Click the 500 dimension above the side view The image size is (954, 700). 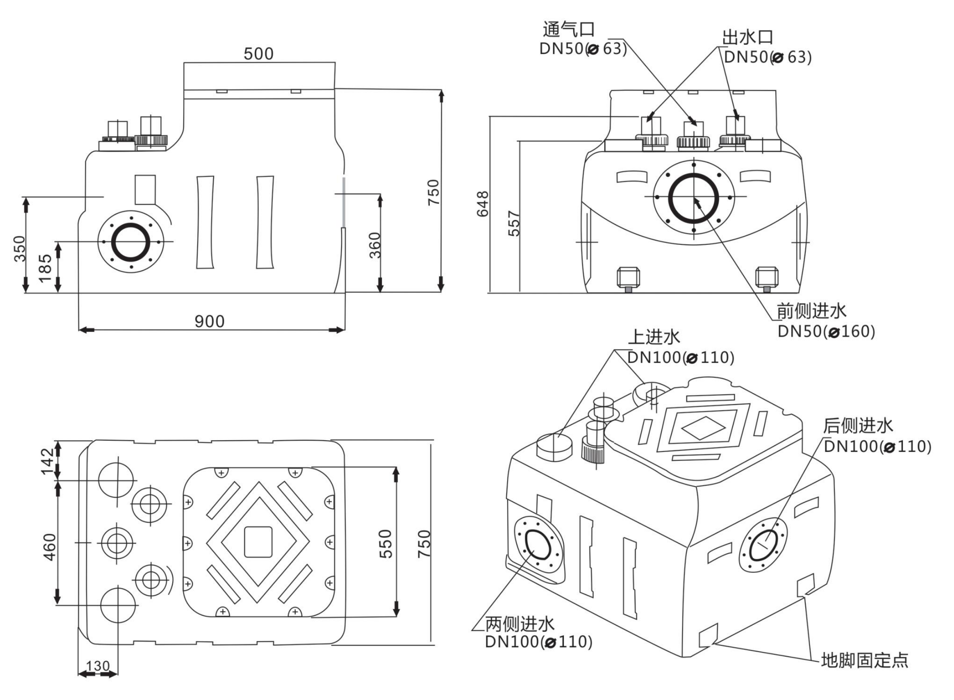point(258,54)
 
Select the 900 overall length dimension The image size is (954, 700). point(209,321)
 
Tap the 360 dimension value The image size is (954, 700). point(375,245)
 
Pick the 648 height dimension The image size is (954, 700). point(483,204)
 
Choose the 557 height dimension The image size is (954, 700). point(514,223)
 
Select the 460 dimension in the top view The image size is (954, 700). point(50,547)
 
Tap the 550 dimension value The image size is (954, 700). point(386,544)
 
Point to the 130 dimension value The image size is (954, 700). point(98,666)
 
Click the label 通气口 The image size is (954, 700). point(568,29)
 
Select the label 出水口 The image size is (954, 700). point(747,38)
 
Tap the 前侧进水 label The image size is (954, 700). point(811,311)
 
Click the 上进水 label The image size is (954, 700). point(654,337)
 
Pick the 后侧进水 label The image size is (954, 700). point(858,426)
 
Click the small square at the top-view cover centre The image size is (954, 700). point(258,542)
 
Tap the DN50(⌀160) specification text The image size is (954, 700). point(826,331)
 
